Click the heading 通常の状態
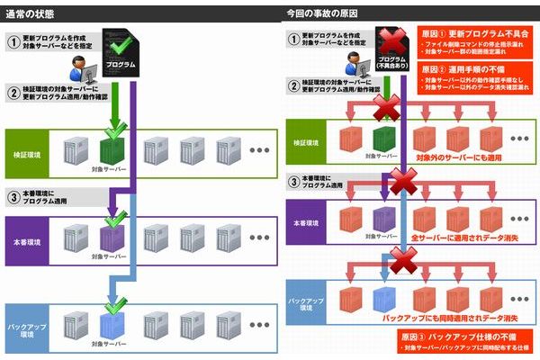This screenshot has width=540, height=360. [x=32, y=11]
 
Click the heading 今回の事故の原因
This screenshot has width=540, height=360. [x=319, y=11]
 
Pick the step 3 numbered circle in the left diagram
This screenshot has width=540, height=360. [x=13, y=196]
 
